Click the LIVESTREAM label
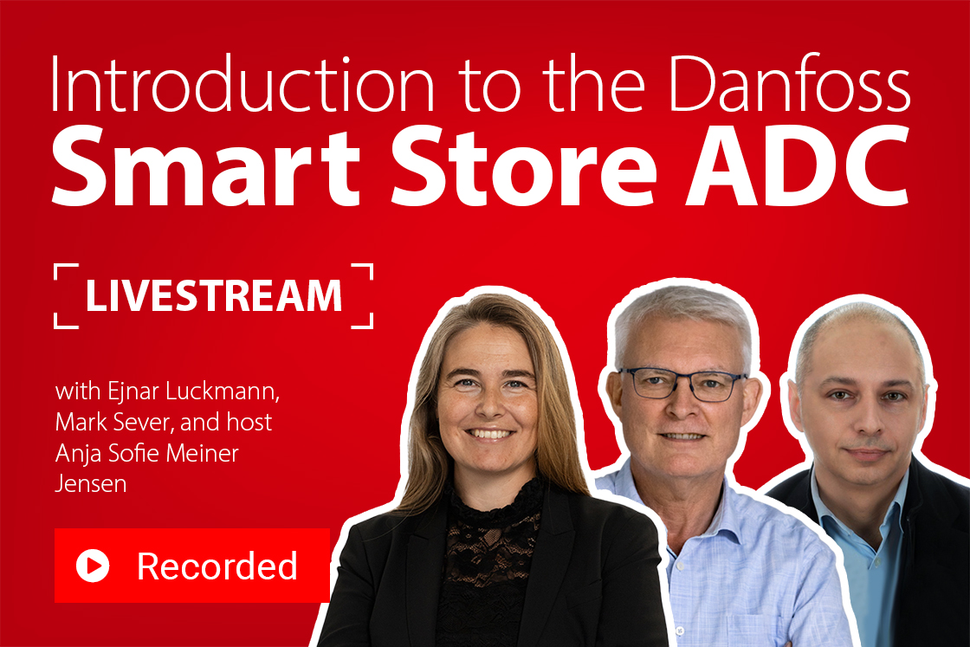point(214,296)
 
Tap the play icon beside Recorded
point(93,566)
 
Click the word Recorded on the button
point(217,566)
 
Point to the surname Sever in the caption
point(151,423)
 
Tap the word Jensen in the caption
point(90,484)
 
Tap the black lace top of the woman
point(489,554)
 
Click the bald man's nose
point(866,424)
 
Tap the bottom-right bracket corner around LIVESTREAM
point(368,322)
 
